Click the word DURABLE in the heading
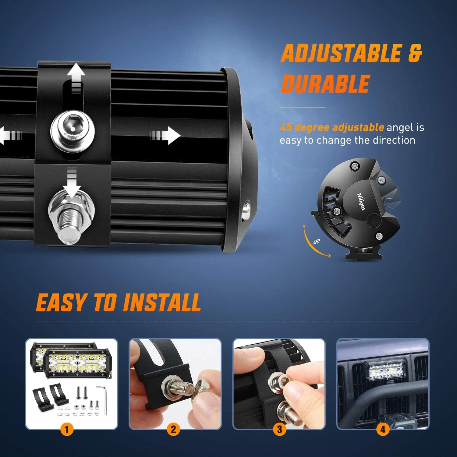tap(325, 84)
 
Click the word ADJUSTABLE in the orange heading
tap(341, 53)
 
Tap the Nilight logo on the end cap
tap(361, 202)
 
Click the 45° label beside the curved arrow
tap(317, 241)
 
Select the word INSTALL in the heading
tap(162, 303)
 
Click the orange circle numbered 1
tap(67, 430)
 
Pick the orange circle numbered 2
tap(173, 430)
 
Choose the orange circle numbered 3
tap(279, 430)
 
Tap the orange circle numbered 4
tap(383, 430)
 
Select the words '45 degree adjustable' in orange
tap(332, 127)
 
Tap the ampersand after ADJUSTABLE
tap(415, 53)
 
